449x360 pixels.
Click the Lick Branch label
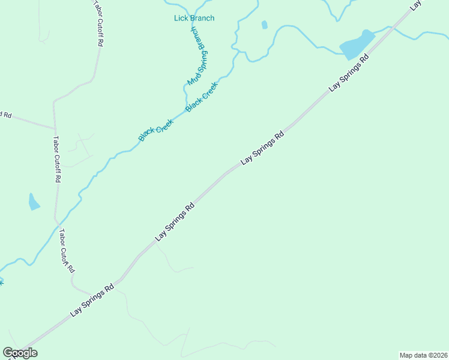[194, 18]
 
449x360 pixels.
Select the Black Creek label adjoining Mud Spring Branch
[201, 97]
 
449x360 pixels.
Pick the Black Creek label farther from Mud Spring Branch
[156, 130]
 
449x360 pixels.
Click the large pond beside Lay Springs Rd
[356, 46]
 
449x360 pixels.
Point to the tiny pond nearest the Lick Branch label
[264, 25]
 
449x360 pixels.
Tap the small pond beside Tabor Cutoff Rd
[33, 202]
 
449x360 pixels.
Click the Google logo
[20, 353]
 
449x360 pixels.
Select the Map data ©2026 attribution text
[423, 355]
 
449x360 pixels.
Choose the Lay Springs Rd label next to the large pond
[348, 74]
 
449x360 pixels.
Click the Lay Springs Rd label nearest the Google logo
[92, 300]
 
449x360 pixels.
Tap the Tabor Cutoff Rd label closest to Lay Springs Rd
[66, 251]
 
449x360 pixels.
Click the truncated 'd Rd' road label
[6, 113]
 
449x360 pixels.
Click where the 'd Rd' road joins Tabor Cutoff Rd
[55, 128]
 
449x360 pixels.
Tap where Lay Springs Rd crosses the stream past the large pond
[391, 28]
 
